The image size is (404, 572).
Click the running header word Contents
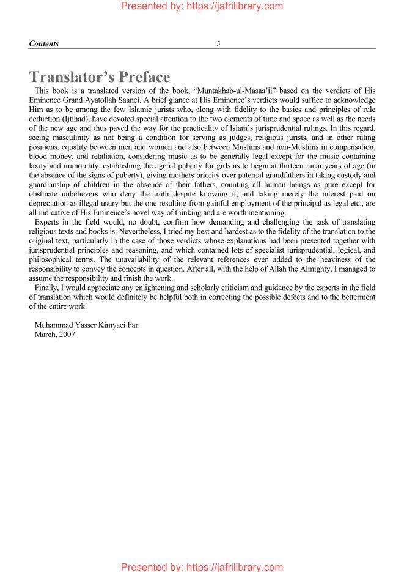44,43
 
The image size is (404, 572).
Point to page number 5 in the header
218,43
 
